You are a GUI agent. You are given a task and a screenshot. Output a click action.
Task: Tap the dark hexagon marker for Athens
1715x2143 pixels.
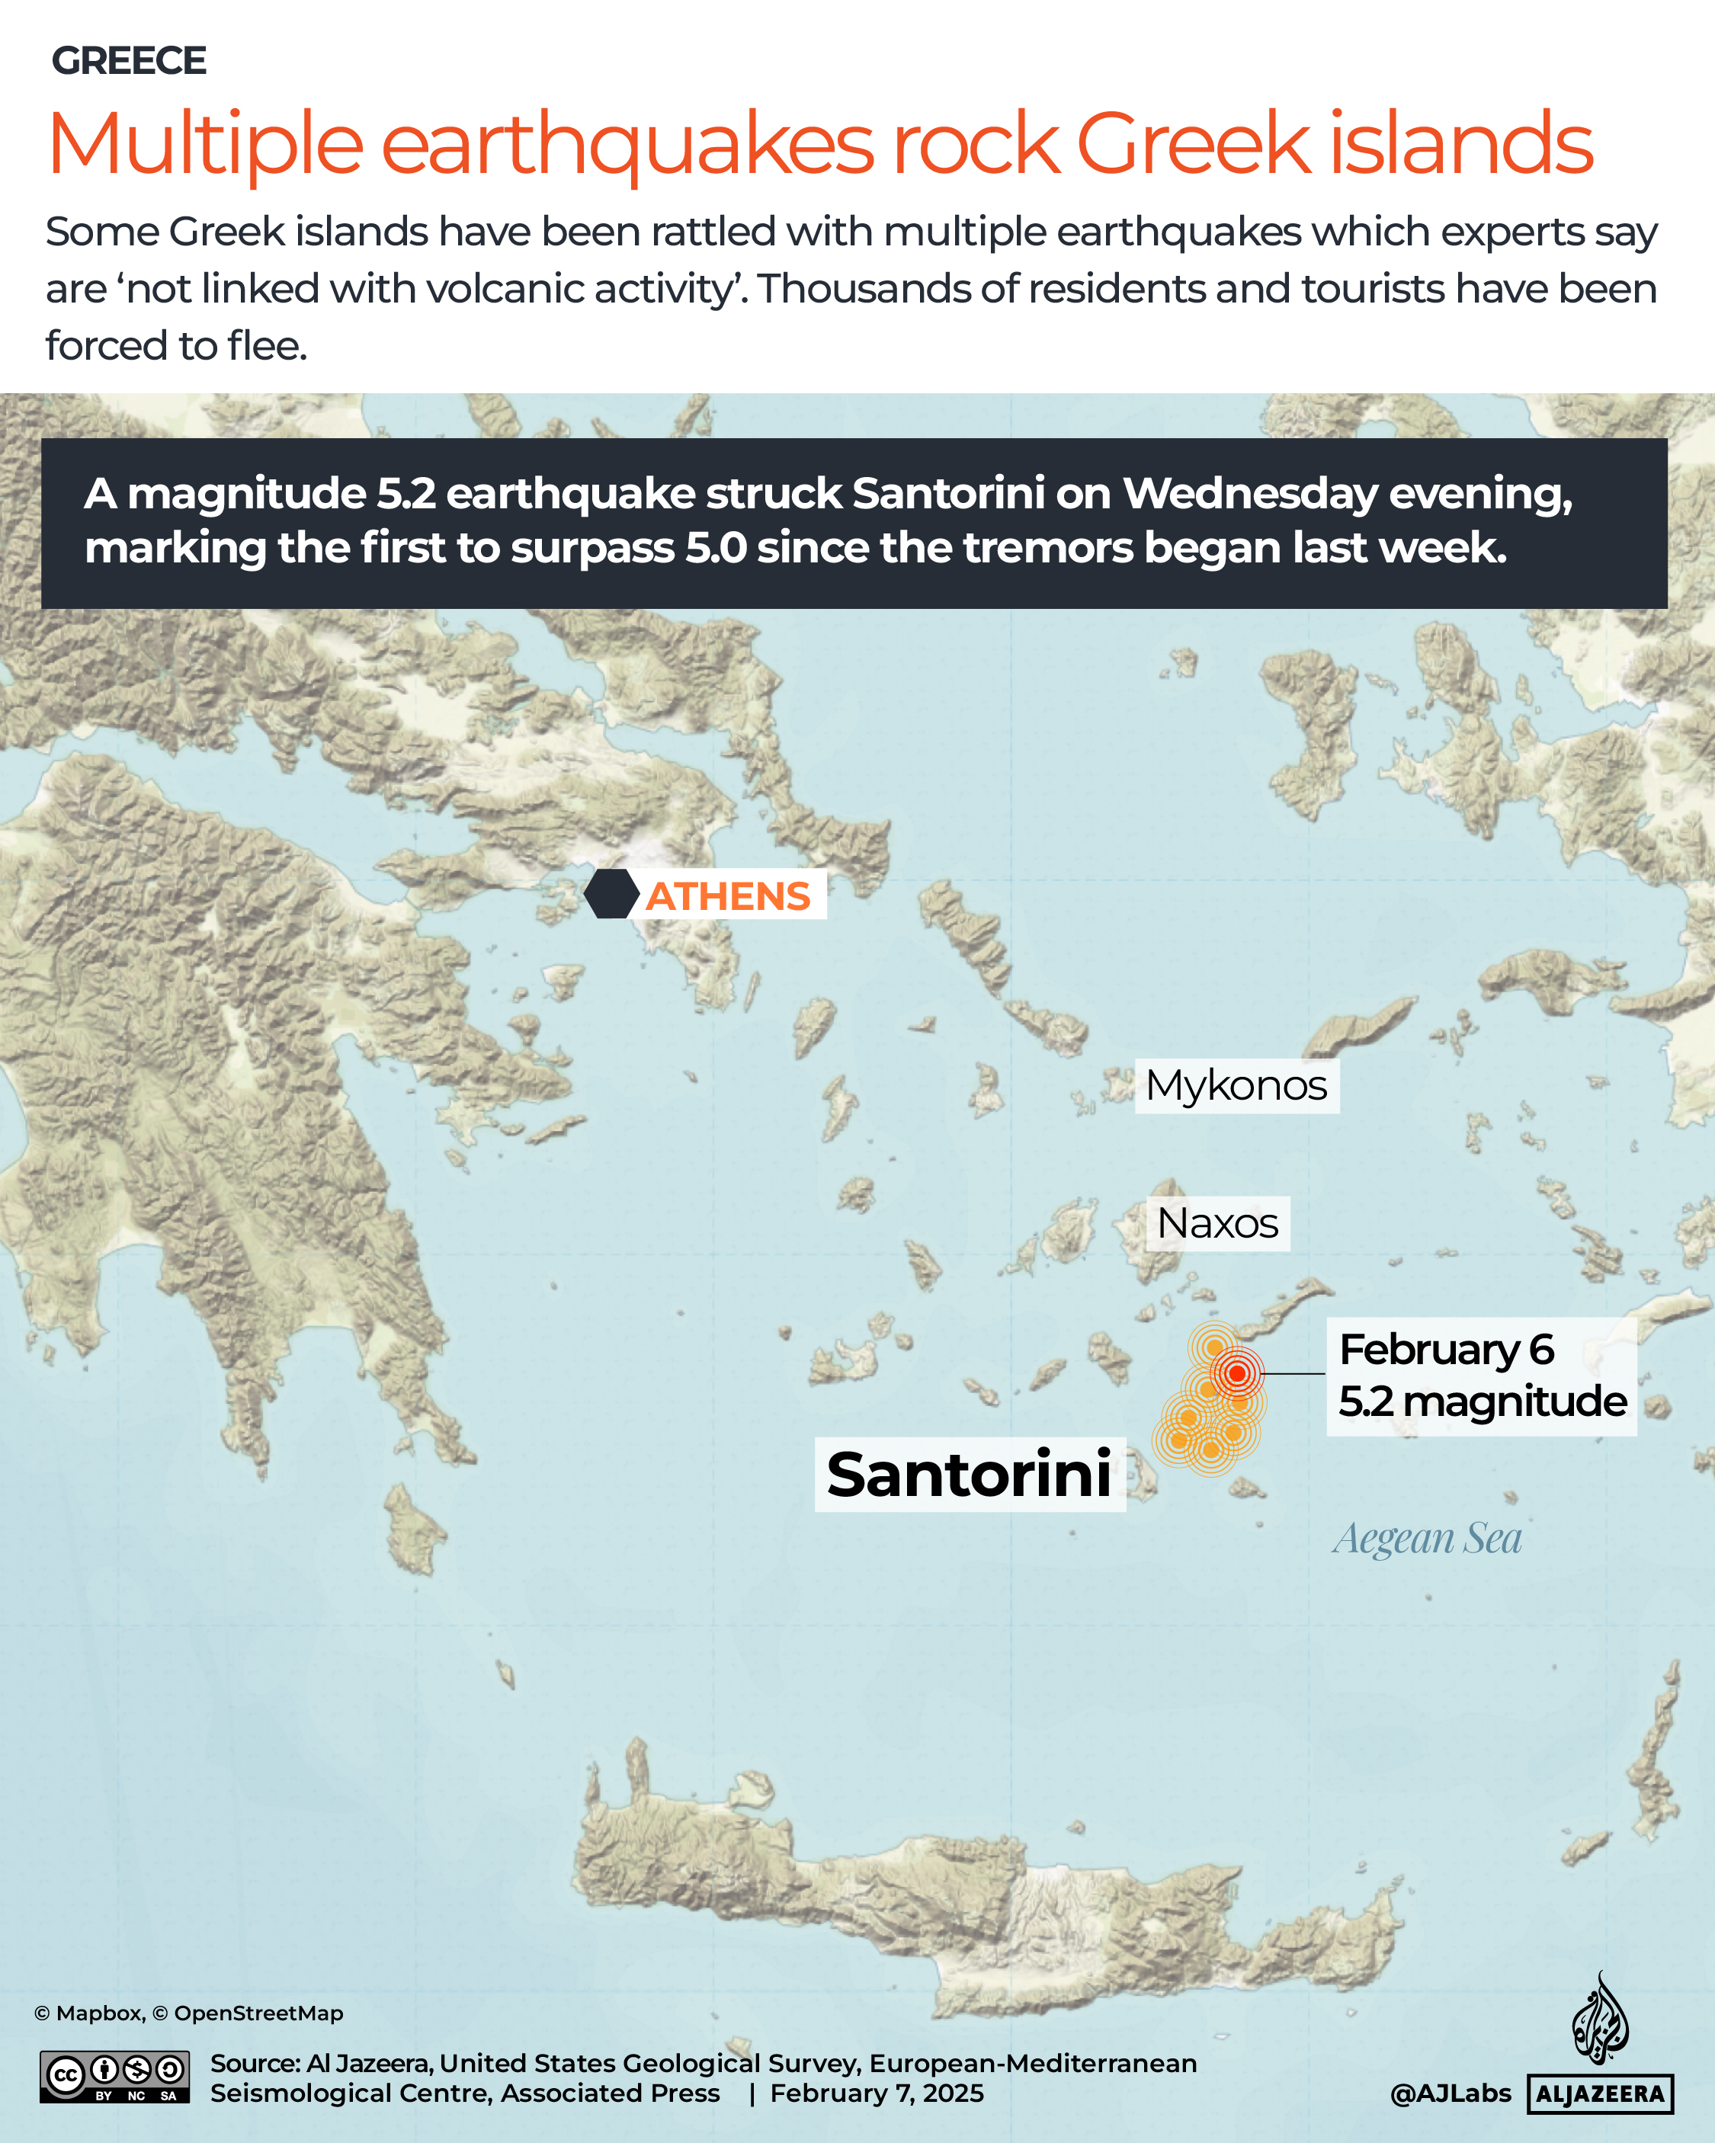click(611, 894)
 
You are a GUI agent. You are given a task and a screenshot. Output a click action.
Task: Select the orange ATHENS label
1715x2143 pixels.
click(729, 896)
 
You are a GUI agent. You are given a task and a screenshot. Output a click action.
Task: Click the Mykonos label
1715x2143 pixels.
click(1236, 1085)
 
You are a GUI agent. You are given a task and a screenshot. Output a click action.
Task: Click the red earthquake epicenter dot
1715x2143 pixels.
click(1237, 1373)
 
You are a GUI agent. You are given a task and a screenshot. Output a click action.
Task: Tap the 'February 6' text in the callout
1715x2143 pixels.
click(1446, 1350)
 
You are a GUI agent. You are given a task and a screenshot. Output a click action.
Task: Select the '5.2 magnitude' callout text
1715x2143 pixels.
click(1481, 1401)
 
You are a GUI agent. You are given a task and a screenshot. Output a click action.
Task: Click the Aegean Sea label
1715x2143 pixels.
click(1427, 1539)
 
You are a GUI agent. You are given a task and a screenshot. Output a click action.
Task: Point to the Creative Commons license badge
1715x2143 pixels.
click(114, 2077)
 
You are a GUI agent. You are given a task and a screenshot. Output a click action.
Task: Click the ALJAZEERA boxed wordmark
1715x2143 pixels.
click(1600, 2094)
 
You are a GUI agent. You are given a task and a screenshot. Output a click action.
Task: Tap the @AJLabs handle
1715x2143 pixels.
click(1450, 2093)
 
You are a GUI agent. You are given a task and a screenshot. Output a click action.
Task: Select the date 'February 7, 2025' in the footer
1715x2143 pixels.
click(876, 2093)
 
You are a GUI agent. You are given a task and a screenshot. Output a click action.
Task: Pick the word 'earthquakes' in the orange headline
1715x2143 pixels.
click(627, 144)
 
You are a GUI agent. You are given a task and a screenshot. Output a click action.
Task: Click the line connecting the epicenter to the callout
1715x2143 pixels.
click(1293, 1373)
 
